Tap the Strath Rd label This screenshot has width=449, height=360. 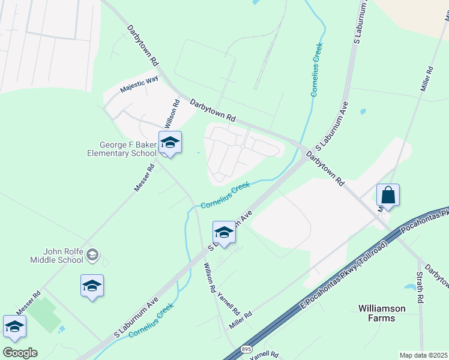click(x=420, y=289)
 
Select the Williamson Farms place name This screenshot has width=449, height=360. click(x=381, y=313)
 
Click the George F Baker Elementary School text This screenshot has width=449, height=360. click(x=128, y=149)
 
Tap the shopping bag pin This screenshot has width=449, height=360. click(x=388, y=196)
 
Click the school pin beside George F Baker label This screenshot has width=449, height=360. click(x=170, y=143)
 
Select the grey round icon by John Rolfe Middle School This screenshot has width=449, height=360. click(x=92, y=256)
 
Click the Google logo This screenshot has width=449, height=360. click(x=20, y=353)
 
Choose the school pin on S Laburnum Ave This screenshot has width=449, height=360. click(x=224, y=233)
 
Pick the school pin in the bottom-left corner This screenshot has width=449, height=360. click(x=14, y=328)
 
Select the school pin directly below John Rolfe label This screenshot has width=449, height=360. click(x=92, y=286)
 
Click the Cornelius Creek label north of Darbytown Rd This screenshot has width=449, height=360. click(x=316, y=70)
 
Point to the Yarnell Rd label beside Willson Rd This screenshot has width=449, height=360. click(x=228, y=304)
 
